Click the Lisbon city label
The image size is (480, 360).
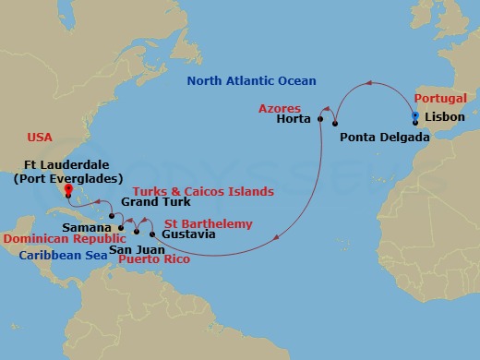tap(447, 120)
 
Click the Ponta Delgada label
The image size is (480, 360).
tap(384, 138)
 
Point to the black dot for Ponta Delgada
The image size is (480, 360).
tap(336, 124)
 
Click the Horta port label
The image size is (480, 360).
tap(294, 119)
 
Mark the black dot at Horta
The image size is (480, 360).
tap(320, 119)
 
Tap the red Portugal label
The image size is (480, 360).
tap(440, 98)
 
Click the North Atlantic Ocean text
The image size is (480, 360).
tap(251, 81)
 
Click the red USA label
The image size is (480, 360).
tap(40, 137)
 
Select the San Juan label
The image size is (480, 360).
tap(133, 248)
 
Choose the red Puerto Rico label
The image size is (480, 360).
tap(154, 260)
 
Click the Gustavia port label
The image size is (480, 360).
tap(188, 234)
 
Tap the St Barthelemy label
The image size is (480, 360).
tap(208, 222)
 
